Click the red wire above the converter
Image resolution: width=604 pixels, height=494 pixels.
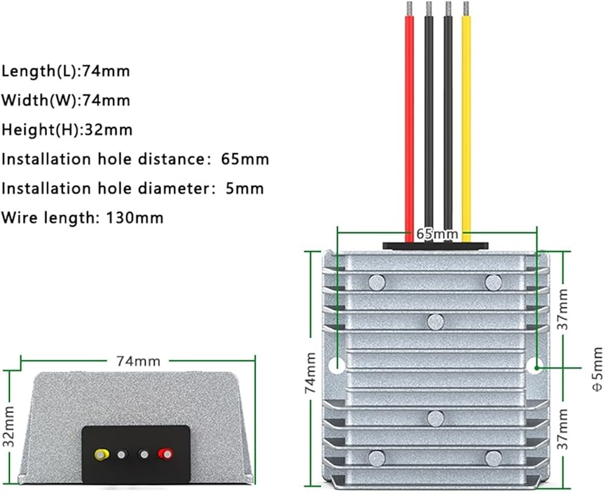click(410, 127)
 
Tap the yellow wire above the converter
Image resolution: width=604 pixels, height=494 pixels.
click(466, 127)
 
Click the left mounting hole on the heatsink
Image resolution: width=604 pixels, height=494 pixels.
click(337, 365)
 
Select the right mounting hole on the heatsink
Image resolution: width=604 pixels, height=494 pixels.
click(535, 365)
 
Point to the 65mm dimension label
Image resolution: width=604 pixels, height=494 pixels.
click(437, 233)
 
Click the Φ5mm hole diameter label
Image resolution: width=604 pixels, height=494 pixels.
click(597, 369)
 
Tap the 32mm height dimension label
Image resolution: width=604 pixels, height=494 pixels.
click(9, 426)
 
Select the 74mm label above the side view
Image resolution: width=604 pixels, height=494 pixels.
click(138, 362)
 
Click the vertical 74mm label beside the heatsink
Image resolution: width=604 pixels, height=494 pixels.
click(310, 372)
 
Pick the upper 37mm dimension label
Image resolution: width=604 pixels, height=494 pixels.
click(563, 309)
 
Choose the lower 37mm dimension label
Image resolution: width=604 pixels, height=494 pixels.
click(563, 429)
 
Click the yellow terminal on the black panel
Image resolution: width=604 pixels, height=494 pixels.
click(101, 455)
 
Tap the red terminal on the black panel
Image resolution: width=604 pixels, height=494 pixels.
click(165, 454)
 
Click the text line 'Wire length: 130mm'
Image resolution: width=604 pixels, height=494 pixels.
click(82, 218)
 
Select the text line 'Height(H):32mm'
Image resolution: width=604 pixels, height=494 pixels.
click(67, 129)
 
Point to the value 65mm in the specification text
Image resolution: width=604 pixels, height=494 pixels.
click(245, 159)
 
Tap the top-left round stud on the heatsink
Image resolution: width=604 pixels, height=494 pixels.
click(377, 282)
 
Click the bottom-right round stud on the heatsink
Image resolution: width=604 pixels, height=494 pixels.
click(493, 458)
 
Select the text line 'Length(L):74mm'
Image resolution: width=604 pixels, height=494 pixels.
click(66, 71)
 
